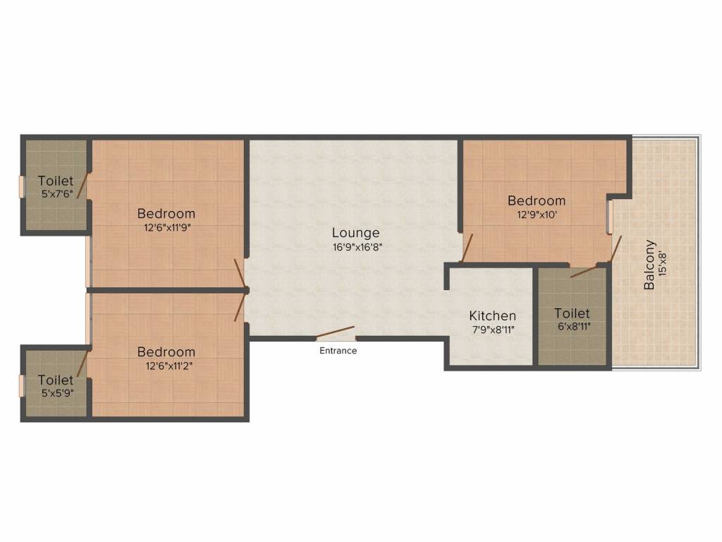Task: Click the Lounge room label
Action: coord(355,233)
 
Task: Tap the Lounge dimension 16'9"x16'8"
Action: coord(357,247)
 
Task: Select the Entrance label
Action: coord(338,351)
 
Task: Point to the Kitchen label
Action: coord(492,315)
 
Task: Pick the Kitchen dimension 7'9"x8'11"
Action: coord(493,330)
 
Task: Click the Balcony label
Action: coord(649,265)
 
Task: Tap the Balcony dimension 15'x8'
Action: coord(663,263)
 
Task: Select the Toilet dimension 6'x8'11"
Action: coord(574,327)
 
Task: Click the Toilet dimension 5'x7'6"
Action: coord(58,194)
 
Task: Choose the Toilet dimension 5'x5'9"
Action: coord(58,393)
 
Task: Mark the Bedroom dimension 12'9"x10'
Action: coord(537,215)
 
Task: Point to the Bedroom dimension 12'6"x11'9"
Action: coord(167,227)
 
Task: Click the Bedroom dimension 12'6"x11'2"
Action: coord(169,366)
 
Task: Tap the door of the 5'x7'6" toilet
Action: coord(82,186)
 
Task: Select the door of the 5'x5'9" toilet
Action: coord(82,363)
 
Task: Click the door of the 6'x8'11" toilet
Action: coord(585,271)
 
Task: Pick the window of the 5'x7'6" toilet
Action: coord(20,186)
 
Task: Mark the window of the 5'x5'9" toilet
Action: coord(20,385)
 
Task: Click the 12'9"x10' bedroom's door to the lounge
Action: coord(467,248)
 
